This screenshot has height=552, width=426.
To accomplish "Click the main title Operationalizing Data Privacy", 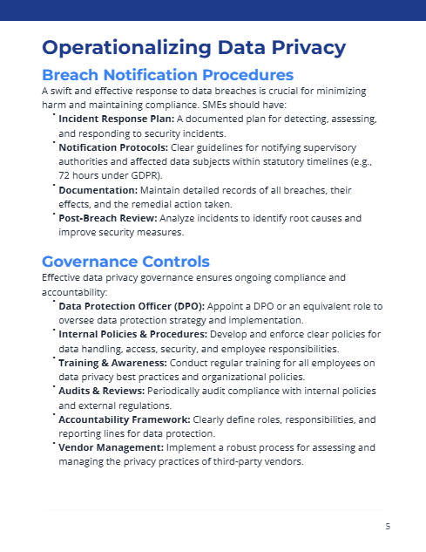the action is point(193,47).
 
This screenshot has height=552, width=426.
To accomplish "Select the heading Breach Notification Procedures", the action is point(167,75).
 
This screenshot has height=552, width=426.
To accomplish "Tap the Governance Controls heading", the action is point(125,261).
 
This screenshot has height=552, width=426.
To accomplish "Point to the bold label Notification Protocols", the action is point(107,147).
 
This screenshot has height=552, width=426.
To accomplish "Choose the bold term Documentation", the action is point(98,189).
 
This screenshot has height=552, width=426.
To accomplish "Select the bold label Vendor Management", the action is point(110,447).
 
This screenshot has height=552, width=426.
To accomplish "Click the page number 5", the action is point(388,527).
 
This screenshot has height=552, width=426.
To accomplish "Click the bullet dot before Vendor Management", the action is point(52,445).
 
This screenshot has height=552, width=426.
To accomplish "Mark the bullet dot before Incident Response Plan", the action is point(52,114).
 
